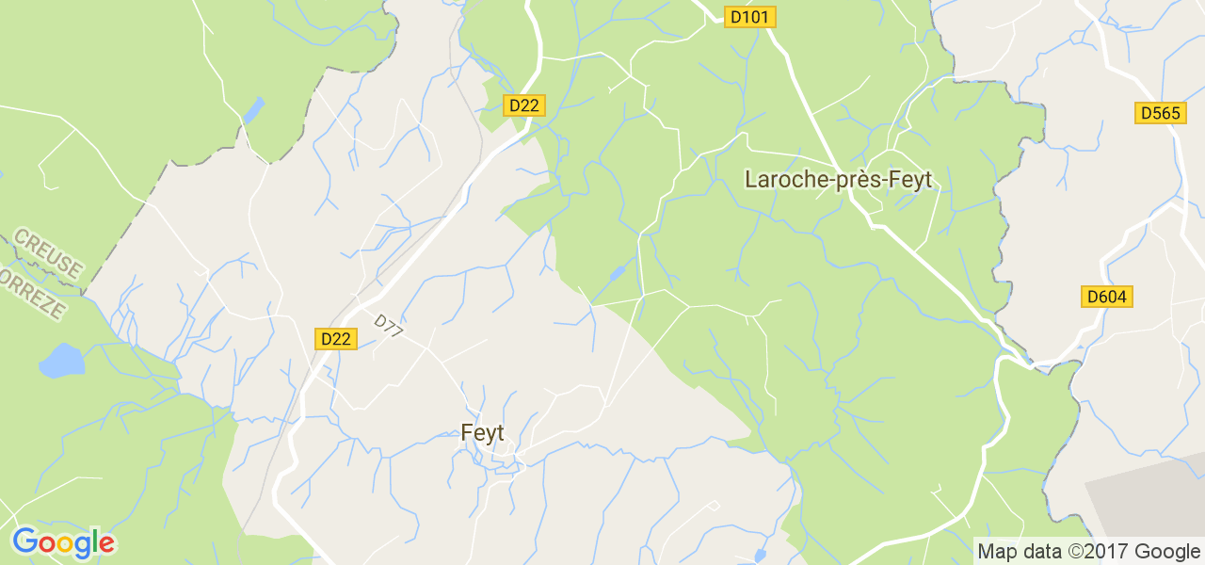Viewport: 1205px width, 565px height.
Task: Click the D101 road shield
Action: [749, 16]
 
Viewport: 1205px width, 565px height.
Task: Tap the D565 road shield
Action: [1160, 113]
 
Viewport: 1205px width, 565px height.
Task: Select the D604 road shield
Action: [1106, 297]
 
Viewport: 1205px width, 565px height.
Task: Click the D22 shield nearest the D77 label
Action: [335, 339]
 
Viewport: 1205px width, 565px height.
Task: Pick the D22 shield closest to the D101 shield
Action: [522, 105]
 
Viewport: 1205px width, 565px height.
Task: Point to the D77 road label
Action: [388, 326]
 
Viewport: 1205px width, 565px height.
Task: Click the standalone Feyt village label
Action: [482, 434]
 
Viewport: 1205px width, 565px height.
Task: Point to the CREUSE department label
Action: [48, 253]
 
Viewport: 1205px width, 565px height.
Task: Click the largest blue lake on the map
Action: [61, 361]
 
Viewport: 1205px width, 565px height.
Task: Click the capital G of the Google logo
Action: [24, 541]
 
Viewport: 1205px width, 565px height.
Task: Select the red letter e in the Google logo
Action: [106, 543]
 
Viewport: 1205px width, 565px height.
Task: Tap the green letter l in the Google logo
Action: [94, 541]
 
